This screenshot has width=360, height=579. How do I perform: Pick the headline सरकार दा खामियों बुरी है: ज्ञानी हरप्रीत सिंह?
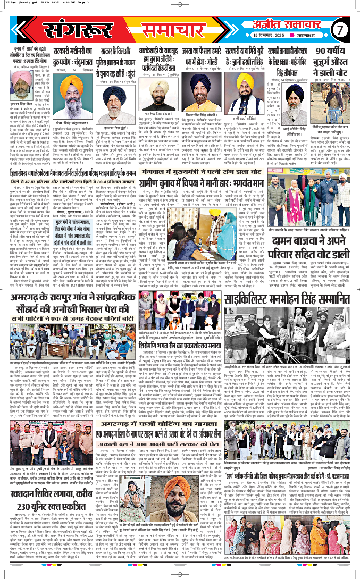[x=250, y=58]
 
